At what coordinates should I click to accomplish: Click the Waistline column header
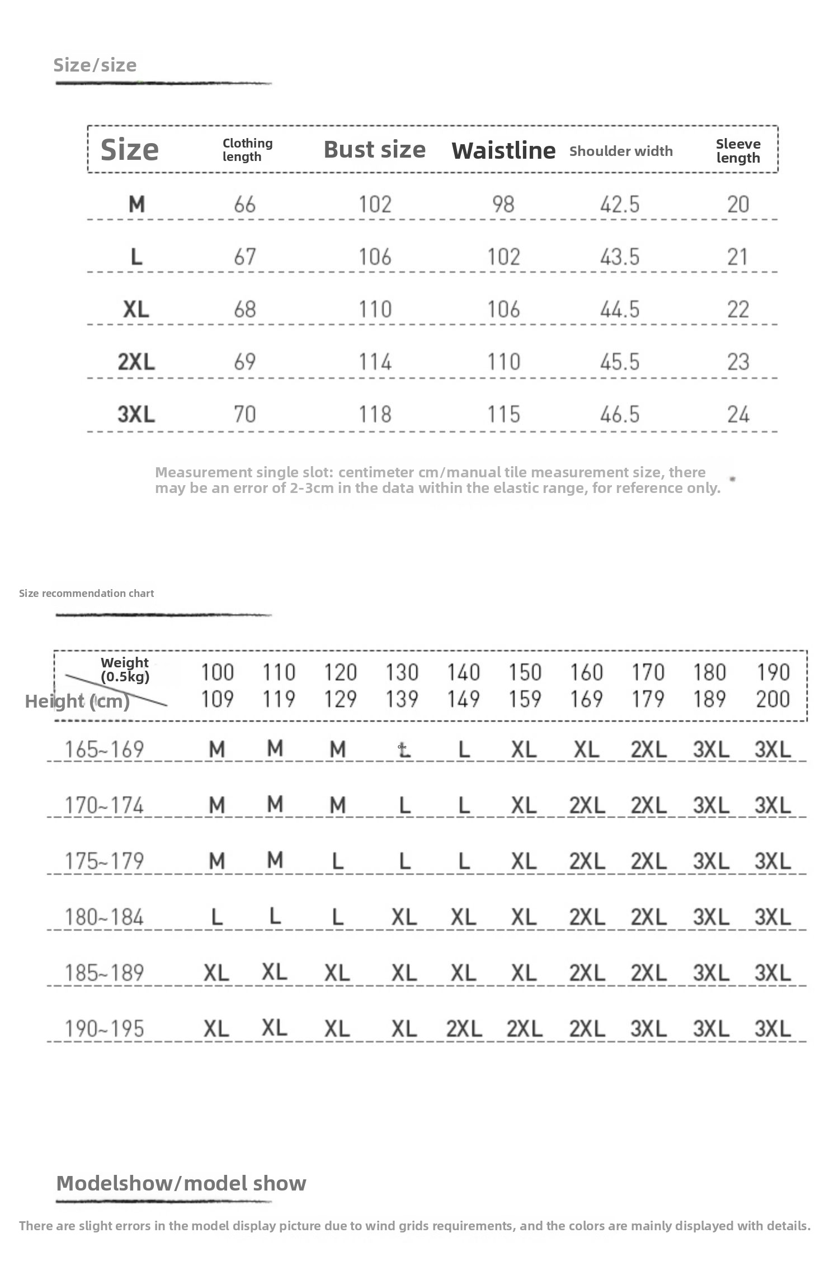pyautogui.click(x=503, y=150)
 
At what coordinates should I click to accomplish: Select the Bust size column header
pyautogui.click(x=374, y=150)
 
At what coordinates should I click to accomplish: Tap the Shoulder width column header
pyautogui.click(x=621, y=151)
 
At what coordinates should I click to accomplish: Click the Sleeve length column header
pyautogui.click(x=738, y=151)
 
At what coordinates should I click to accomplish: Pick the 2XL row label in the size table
pyautogui.click(x=136, y=362)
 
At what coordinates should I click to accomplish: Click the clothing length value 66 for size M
pyautogui.click(x=245, y=205)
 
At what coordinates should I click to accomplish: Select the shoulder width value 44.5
pyautogui.click(x=620, y=309)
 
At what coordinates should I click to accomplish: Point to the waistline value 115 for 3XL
pyautogui.click(x=503, y=414)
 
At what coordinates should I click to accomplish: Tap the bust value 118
pyautogui.click(x=375, y=414)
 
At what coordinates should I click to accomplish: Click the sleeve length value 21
pyautogui.click(x=738, y=257)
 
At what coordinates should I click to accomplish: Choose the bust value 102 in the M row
pyautogui.click(x=375, y=205)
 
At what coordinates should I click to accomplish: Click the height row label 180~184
pyautogui.click(x=104, y=917)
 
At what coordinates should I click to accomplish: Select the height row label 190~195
pyautogui.click(x=104, y=1029)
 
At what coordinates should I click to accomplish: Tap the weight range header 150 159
pyautogui.click(x=525, y=685)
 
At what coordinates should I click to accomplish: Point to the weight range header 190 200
pyautogui.click(x=772, y=685)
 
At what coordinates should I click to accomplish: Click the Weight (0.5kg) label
pyautogui.click(x=125, y=670)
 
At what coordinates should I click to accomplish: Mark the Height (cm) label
pyautogui.click(x=77, y=701)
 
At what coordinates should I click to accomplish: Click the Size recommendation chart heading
pyautogui.click(x=86, y=593)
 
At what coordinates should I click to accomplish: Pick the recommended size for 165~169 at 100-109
pyautogui.click(x=217, y=750)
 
